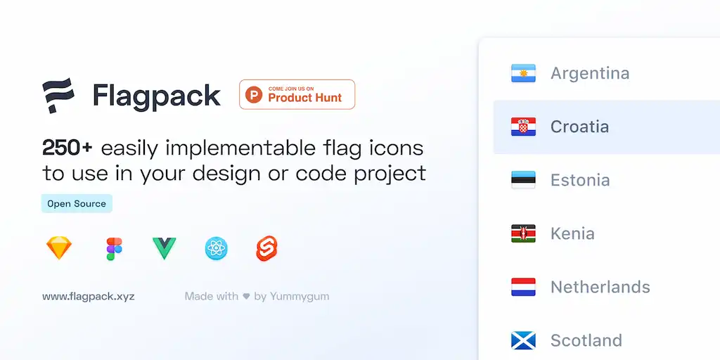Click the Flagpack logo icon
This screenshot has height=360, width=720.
tap(58, 96)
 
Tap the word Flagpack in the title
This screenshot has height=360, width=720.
tap(157, 96)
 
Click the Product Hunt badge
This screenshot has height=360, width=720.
tap(297, 94)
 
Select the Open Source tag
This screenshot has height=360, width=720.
tap(77, 204)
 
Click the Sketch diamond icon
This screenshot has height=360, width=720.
tap(59, 248)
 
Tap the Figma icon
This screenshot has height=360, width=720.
tap(114, 248)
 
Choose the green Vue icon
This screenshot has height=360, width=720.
tap(165, 247)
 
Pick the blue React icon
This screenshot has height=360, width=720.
tap(217, 248)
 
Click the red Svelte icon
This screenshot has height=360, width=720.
tap(267, 248)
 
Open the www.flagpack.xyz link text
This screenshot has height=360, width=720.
tap(89, 296)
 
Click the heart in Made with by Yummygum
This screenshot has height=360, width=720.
tap(246, 297)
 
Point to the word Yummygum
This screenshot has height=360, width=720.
tap(300, 296)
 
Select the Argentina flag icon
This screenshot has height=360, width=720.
tap(523, 73)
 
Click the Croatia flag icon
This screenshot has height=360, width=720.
tap(523, 127)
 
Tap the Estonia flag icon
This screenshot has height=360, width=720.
tap(523, 180)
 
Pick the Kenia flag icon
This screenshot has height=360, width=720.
tap(523, 233)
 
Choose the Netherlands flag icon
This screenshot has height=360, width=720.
tap(523, 287)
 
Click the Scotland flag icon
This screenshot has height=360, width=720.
tap(523, 340)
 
